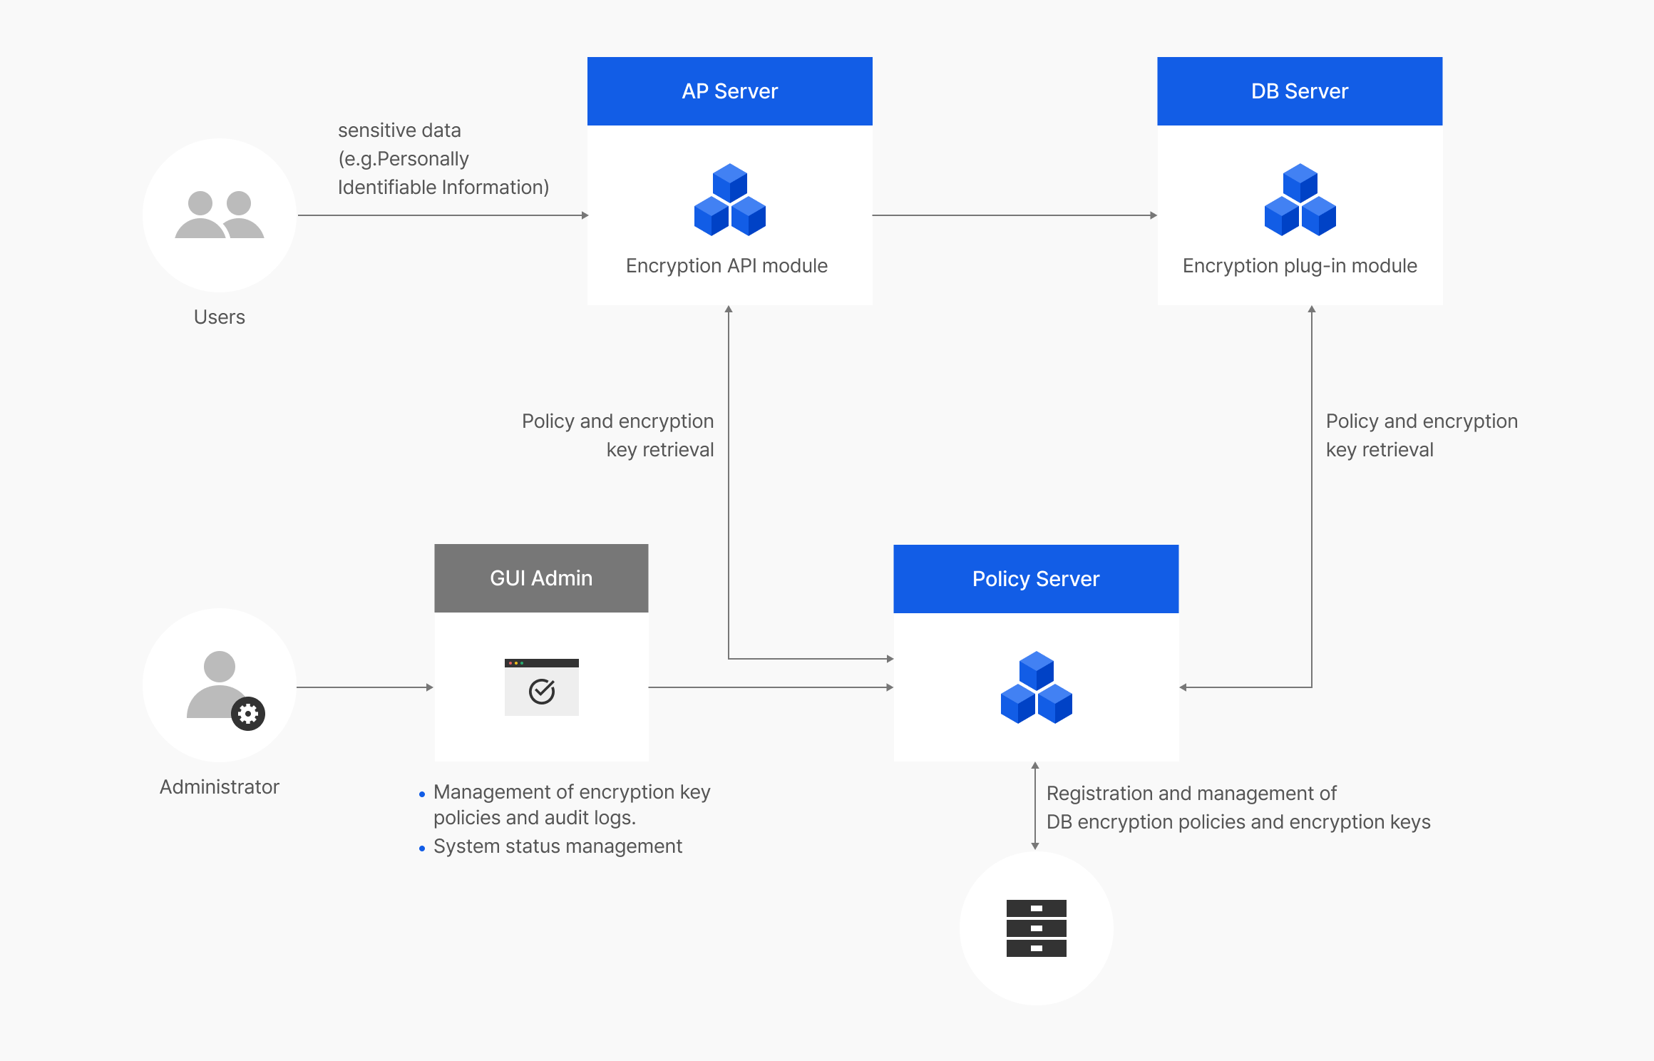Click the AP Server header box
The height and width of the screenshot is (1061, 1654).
[729, 91]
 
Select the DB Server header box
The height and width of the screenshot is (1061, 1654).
[1300, 91]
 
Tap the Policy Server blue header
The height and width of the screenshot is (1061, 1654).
[1036, 579]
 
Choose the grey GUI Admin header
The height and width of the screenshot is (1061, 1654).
[541, 578]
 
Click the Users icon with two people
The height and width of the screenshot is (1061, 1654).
[220, 215]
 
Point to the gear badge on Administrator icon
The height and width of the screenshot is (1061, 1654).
[248, 714]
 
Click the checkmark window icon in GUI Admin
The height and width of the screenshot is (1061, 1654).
[542, 687]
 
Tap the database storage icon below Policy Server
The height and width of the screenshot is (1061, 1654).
[1036, 928]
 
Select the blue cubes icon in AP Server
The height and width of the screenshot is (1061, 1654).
[730, 200]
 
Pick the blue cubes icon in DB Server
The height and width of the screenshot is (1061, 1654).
[1300, 200]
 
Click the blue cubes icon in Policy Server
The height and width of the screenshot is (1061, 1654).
[1037, 687]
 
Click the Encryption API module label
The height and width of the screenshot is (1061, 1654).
[726, 266]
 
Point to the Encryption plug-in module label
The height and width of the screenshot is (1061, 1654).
[1300, 266]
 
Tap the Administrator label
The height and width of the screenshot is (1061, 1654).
[220, 787]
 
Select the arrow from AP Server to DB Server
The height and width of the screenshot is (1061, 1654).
[1015, 215]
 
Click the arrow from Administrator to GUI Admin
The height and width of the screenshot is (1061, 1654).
[365, 687]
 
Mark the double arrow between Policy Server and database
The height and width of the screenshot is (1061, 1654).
[1035, 806]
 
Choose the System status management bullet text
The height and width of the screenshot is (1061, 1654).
[558, 846]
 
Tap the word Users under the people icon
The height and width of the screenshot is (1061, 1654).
[220, 317]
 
